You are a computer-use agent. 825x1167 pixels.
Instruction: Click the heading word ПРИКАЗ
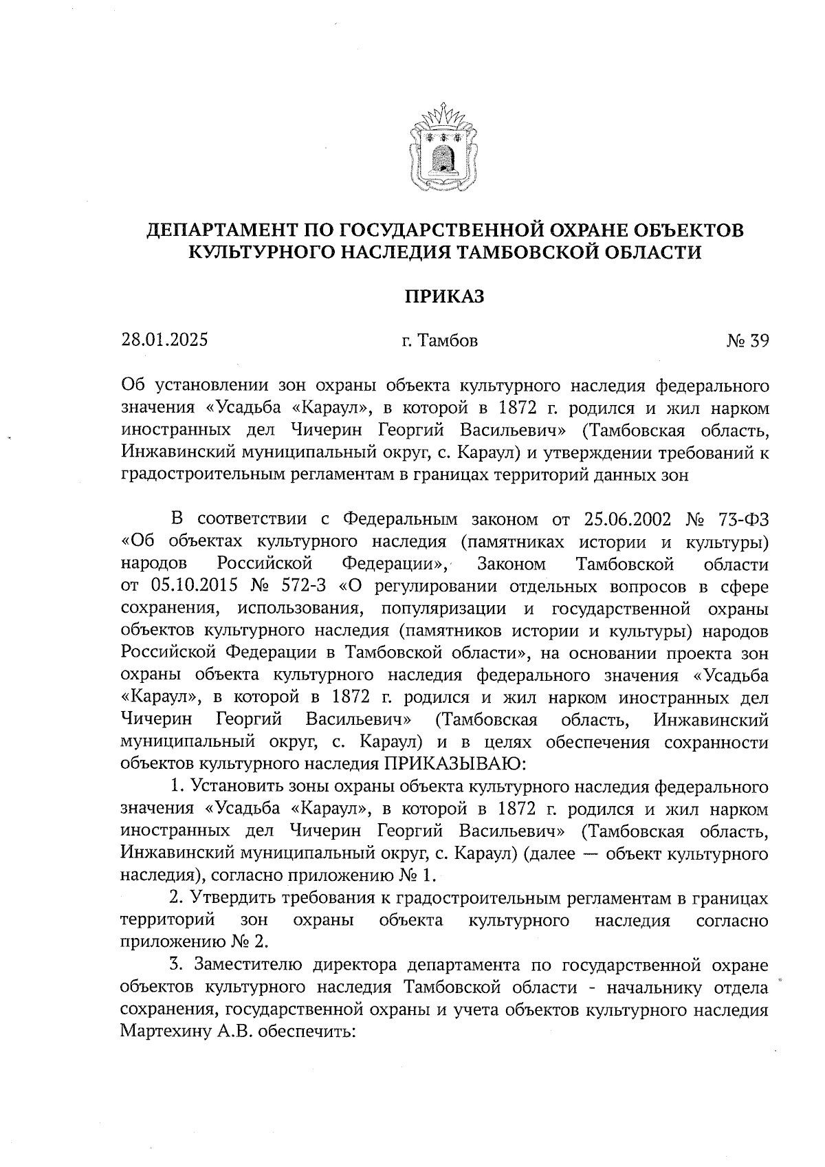[x=443, y=296]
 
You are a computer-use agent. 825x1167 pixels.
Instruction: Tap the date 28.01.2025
[x=164, y=340]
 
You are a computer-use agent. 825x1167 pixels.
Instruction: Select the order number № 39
[x=747, y=340]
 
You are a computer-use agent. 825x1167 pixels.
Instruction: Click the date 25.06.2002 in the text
[x=626, y=519]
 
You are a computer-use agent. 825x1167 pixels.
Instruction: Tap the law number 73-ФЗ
[x=739, y=519]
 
